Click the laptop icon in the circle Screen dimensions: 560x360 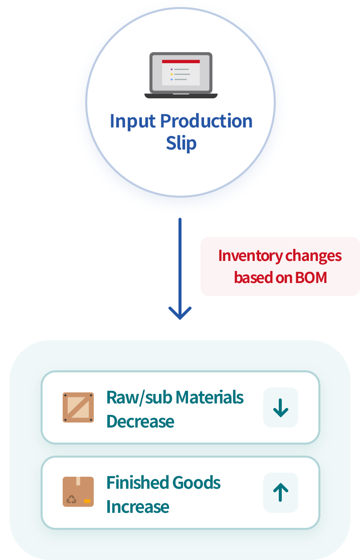coord(181,75)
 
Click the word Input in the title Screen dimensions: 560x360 coord(132,121)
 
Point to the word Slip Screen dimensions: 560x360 coord(181,143)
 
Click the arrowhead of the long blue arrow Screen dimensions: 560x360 coord(180,313)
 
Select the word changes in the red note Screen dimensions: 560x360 coord(313,256)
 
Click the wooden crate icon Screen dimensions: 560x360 coord(78,407)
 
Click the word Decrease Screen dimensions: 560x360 coord(140,421)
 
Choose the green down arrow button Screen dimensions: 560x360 coord(281,407)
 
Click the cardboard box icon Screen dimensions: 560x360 coord(78,492)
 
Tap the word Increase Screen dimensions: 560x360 coord(138,506)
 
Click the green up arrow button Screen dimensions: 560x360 coord(281,493)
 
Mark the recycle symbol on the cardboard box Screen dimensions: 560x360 coord(72,500)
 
